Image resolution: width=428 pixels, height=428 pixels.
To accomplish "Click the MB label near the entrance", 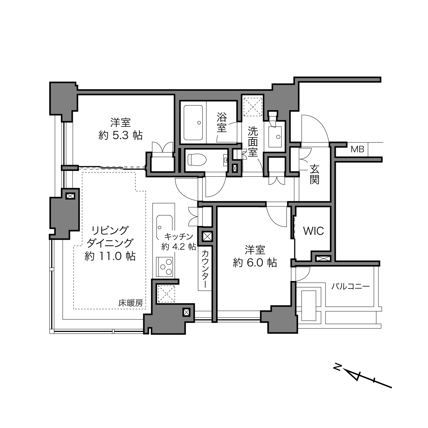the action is point(357,149).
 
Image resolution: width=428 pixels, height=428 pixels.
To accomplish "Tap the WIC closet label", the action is point(313,231).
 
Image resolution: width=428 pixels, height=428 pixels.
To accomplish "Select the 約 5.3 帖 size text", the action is point(120,135).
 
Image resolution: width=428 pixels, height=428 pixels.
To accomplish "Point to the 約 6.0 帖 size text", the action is point(255,263).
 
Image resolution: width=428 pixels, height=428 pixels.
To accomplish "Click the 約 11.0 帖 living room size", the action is point(110,256).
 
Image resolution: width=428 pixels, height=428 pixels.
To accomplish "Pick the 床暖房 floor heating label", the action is point(130,303).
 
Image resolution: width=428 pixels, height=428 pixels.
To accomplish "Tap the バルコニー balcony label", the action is point(350,286).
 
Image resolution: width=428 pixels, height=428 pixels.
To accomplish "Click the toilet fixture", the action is point(197,160).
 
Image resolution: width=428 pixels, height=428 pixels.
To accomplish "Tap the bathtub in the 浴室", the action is point(193,123).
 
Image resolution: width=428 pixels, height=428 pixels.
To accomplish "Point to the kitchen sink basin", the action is point(164,227).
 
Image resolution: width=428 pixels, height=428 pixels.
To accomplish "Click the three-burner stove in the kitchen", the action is point(164,267).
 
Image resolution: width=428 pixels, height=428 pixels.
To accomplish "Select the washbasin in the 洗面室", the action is point(275,137).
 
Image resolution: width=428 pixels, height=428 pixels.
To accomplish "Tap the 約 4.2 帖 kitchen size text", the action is point(178,246).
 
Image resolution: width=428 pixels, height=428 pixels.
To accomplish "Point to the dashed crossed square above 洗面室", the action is point(253,107).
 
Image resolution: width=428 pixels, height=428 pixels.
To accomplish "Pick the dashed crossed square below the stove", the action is point(166,294).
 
